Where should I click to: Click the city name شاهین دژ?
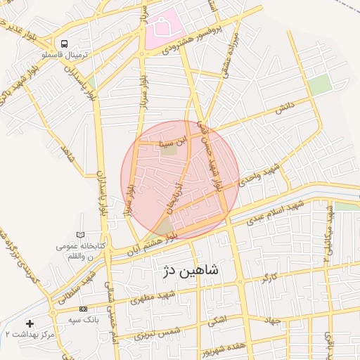click(191, 270)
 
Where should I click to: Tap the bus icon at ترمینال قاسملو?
click(64, 43)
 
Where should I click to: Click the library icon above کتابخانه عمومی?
click(79, 233)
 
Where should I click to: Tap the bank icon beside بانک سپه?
click(84, 309)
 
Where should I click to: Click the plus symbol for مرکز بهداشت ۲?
click(30, 323)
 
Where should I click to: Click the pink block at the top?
click(165, 30)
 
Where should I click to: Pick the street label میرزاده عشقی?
click(231, 53)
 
